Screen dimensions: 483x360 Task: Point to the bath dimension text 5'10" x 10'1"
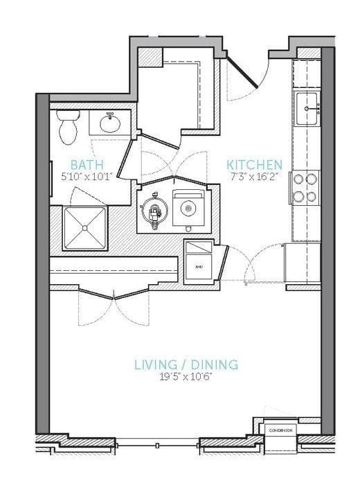(87, 177)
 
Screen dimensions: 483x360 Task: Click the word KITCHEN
(254, 165)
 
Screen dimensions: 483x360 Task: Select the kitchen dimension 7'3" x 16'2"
(254, 177)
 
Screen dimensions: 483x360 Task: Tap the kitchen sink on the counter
(307, 108)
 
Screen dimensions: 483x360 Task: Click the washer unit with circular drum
(188, 206)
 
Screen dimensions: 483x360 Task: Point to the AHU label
(198, 266)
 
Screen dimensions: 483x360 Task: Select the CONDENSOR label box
(280, 430)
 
